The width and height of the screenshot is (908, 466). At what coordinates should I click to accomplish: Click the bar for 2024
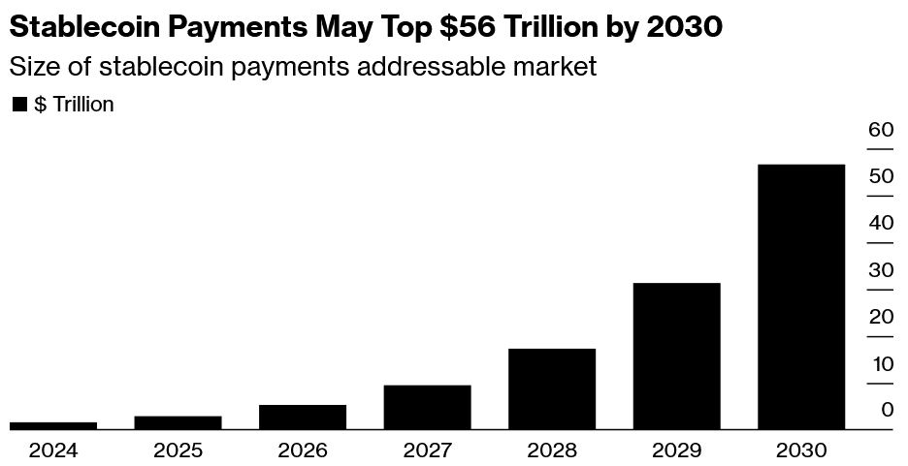pyautogui.click(x=53, y=425)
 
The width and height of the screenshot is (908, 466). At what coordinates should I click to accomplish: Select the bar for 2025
pyautogui.click(x=178, y=422)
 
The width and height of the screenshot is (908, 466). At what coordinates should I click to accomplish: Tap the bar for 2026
pyautogui.click(x=303, y=417)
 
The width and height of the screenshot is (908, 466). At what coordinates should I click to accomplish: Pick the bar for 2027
pyautogui.click(x=427, y=407)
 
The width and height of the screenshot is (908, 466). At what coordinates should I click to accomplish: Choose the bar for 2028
pyautogui.click(x=552, y=388)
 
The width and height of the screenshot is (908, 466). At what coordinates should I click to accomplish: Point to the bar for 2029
pyautogui.click(x=676, y=356)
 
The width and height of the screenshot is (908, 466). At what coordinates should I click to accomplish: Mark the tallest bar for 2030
pyautogui.click(x=801, y=296)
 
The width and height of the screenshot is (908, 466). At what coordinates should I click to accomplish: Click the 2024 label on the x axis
pyautogui.click(x=53, y=450)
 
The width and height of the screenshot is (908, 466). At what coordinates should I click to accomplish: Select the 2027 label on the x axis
pyautogui.click(x=427, y=450)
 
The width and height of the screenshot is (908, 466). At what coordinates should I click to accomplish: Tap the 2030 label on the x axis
pyautogui.click(x=801, y=450)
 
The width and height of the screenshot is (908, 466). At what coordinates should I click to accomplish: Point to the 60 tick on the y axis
pyautogui.click(x=880, y=130)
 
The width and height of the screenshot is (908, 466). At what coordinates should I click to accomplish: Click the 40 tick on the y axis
pyautogui.click(x=880, y=223)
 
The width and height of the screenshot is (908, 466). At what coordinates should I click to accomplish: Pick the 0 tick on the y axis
pyautogui.click(x=887, y=411)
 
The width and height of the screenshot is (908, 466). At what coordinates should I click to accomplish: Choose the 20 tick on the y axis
pyautogui.click(x=880, y=317)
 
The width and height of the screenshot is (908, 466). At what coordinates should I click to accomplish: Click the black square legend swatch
pyautogui.click(x=19, y=105)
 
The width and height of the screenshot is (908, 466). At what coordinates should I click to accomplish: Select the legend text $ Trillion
pyautogui.click(x=74, y=105)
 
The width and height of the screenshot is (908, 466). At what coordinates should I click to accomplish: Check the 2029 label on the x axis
pyautogui.click(x=676, y=450)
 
